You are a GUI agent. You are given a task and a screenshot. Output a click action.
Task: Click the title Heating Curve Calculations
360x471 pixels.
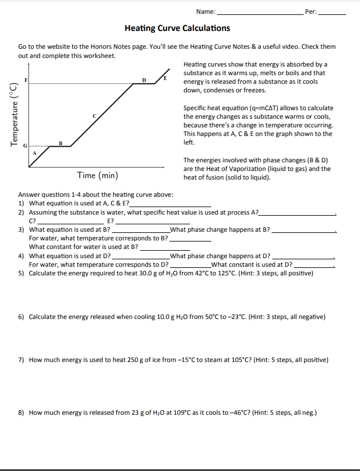[x=177, y=28]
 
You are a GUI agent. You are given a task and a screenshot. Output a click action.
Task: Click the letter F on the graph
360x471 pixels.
[x=25, y=79]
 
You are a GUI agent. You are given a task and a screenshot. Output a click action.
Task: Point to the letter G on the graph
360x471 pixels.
[x=25, y=146]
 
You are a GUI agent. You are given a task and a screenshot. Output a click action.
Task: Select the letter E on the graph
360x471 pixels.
[x=165, y=77]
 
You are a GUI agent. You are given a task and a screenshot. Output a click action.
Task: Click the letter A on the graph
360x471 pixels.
[x=34, y=154]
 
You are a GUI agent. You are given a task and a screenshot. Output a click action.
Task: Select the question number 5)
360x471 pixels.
[x=21, y=273]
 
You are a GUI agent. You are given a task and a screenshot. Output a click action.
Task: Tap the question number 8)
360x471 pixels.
[x=21, y=412]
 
